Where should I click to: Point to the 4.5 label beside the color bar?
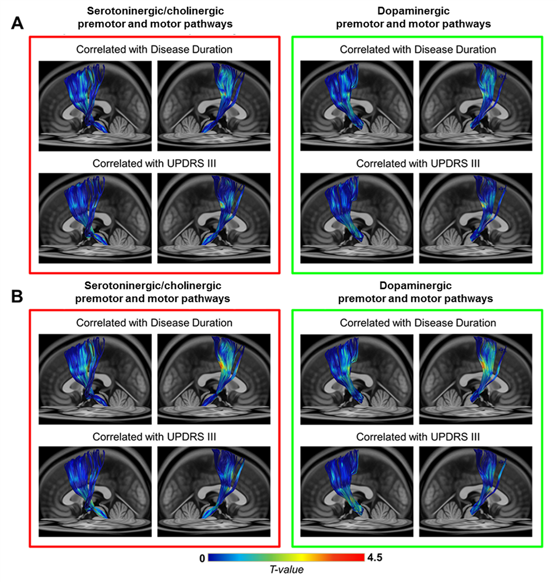click(x=375, y=558)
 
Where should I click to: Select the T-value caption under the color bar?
click(x=287, y=570)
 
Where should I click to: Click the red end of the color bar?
click(x=359, y=557)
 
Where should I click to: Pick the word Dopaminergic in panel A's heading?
click(x=413, y=11)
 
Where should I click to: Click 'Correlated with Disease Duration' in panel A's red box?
click(x=154, y=50)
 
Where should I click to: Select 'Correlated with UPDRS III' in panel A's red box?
click(x=154, y=163)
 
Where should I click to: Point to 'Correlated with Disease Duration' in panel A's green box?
click(x=418, y=50)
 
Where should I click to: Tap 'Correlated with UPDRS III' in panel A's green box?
click(x=418, y=163)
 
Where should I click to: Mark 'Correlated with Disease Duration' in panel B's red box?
click(x=154, y=323)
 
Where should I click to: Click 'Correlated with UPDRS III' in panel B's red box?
click(x=154, y=437)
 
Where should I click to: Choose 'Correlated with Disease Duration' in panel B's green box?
click(x=418, y=323)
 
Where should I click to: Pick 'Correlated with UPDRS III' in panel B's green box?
click(x=418, y=437)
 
